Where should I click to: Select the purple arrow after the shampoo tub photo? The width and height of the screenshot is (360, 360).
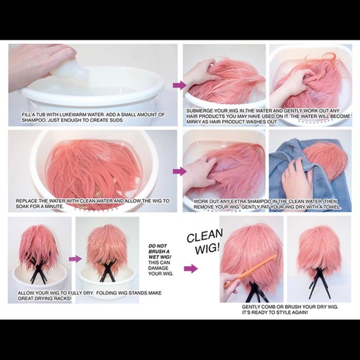coord(179,85)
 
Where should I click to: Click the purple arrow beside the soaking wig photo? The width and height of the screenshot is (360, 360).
coord(179,171)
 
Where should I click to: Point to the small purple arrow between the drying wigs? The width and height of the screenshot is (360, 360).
coord(75,259)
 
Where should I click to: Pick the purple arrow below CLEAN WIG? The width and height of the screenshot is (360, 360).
coord(191,268)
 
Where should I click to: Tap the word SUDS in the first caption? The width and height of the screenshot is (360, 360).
coord(116,120)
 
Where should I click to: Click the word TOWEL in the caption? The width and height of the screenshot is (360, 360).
coord(332,207)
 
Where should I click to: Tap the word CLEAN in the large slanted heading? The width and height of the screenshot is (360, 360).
coord(205,236)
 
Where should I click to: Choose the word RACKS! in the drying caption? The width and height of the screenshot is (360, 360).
coord(63,299)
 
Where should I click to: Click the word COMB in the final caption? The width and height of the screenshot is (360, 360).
coord(268,307)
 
